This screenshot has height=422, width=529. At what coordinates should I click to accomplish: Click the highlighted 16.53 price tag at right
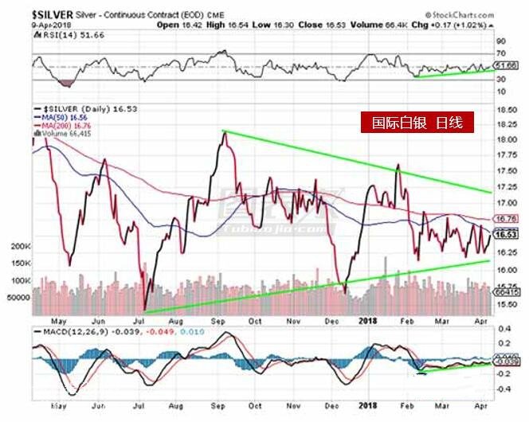[502, 235]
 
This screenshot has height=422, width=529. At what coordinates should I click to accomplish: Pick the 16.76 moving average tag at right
[502, 219]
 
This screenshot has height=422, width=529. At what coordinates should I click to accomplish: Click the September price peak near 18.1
[224, 132]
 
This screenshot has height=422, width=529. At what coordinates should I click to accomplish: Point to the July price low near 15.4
[145, 310]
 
